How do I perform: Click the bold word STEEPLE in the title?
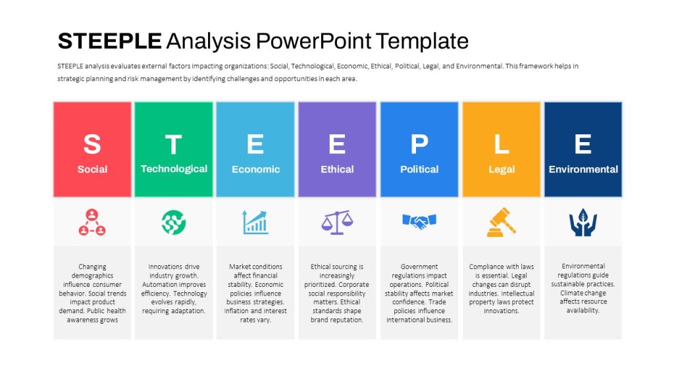click(110, 41)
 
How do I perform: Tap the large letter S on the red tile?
click(92, 144)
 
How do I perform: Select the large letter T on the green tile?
click(174, 144)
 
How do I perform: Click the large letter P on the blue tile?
click(419, 144)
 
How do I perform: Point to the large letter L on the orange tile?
click(501, 144)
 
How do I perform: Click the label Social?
click(92, 169)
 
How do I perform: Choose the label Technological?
click(174, 169)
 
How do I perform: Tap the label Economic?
click(256, 169)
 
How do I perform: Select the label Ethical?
click(337, 169)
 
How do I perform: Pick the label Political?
click(419, 169)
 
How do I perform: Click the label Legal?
click(501, 170)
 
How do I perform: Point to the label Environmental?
click(583, 169)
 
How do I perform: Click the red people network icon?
click(92, 222)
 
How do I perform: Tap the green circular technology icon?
click(174, 222)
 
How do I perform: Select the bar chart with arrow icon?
click(255, 222)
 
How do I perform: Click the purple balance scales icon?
click(337, 222)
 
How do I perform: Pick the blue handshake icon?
click(419, 221)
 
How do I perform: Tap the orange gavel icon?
click(501, 222)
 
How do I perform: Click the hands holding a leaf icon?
click(583, 222)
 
